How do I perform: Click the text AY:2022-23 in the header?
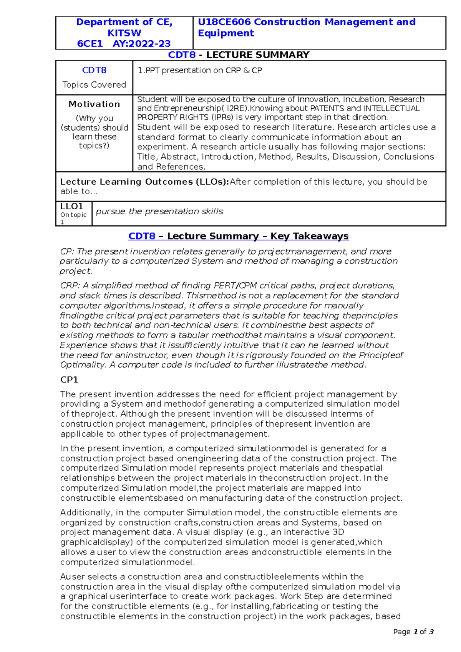pyautogui.click(x=141, y=44)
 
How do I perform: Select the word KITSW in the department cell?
pyautogui.click(x=124, y=33)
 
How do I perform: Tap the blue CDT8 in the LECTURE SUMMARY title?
pyautogui.click(x=182, y=55)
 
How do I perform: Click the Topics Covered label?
pyautogui.click(x=94, y=84)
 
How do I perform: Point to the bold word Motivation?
pyautogui.click(x=94, y=104)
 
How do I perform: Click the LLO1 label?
pyautogui.click(x=71, y=207)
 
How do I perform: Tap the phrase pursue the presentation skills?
pyautogui.click(x=159, y=211)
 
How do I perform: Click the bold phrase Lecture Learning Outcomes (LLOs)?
pyautogui.click(x=144, y=182)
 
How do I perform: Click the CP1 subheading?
pyautogui.click(x=69, y=380)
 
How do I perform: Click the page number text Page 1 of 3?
pyautogui.click(x=413, y=632)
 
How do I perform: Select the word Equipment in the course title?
pyautogui.click(x=226, y=33)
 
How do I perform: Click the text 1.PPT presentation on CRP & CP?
pyautogui.click(x=200, y=70)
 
